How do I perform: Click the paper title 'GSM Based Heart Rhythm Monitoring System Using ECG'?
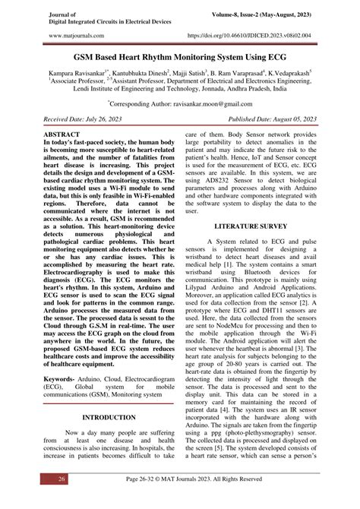point(180,57)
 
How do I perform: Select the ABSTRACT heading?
point(68,133)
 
